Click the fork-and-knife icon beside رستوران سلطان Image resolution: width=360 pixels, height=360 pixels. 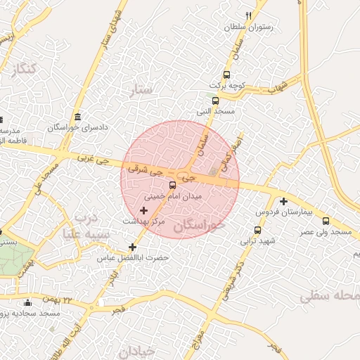tap(248, 15)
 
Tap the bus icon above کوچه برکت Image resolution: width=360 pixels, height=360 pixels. tap(226, 75)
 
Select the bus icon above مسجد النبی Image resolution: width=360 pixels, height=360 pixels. tap(205, 101)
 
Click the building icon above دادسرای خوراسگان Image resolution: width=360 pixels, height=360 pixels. tap(77, 117)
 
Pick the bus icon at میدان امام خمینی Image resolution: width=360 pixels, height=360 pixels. tap(173, 186)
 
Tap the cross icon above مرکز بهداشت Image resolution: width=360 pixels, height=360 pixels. tap(144, 210)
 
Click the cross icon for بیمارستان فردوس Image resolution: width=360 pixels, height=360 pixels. tap(283, 201)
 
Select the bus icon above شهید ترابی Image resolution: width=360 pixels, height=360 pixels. tap(257, 229)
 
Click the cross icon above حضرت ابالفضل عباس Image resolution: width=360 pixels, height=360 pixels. tap(132, 247)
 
